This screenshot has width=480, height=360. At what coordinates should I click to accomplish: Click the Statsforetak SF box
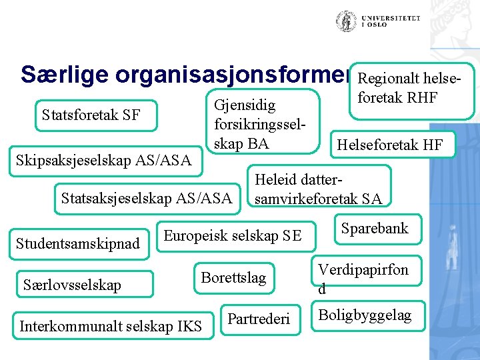(x=91, y=115)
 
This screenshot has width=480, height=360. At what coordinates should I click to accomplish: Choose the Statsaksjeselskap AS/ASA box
(x=146, y=197)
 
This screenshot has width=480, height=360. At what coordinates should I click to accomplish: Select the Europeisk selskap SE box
(x=233, y=235)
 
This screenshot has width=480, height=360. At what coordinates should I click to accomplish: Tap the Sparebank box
(x=374, y=229)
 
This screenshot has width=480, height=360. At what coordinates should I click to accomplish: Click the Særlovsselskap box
(x=72, y=285)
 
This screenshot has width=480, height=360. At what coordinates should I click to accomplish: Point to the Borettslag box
(x=233, y=277)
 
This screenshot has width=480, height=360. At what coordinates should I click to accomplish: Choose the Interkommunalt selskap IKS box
(x=111, y=326)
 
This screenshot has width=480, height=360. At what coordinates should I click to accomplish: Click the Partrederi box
(x=259, y=319)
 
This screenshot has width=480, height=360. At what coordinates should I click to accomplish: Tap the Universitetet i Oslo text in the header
(x=391, y=21)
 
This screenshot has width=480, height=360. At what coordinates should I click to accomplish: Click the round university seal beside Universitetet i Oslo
(x=346, y=21)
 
